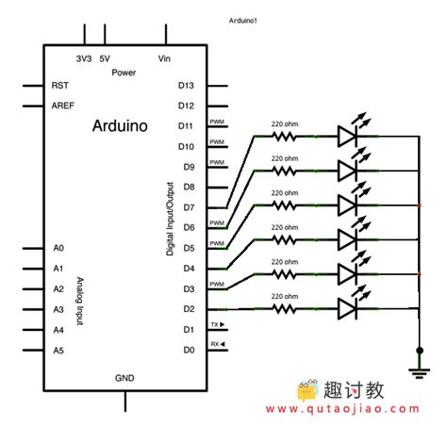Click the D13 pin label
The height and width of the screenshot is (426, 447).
point(186,85)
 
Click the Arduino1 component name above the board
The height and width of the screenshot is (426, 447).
point(244,20)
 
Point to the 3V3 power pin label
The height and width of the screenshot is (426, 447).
point(84,58)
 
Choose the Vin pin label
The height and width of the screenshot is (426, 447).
point(165,58)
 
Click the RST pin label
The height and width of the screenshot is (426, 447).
point(60,85)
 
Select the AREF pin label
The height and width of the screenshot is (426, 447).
point(63,106)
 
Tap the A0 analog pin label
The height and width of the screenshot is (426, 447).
point(58,248)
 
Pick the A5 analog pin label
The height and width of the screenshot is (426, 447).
point(58,351)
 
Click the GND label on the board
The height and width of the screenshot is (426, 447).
point(125,377)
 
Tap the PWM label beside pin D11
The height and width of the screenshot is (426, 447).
point(217,122)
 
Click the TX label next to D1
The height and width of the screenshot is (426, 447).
point(217,325)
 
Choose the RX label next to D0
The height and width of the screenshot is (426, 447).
point(217,345)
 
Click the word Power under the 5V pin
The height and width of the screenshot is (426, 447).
point(124,72)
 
